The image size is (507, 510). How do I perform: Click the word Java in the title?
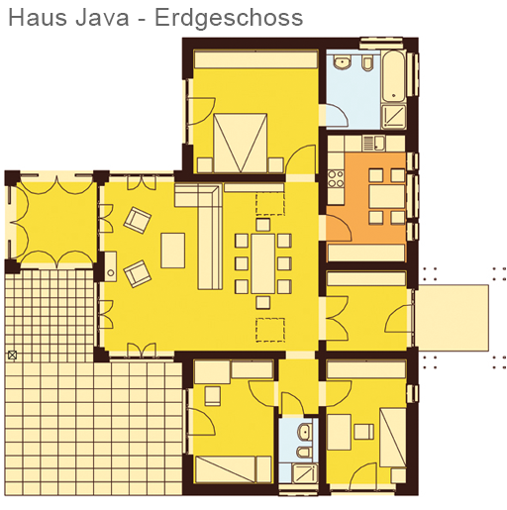click(102, 18)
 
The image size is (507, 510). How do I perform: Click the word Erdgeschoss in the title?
click(229, 19)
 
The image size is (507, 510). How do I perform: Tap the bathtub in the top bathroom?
click(393, 76)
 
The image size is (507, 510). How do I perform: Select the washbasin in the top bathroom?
click(342, 62)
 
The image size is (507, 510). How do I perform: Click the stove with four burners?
click(336, 178)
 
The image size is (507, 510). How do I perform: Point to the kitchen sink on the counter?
click(373, 144)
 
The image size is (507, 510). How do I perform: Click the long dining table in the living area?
click(262, 263)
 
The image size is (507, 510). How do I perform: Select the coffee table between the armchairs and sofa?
click(172, 251)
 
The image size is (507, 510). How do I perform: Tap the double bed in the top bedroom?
click(241, 143)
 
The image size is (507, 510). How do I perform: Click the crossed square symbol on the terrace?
click(12, 356)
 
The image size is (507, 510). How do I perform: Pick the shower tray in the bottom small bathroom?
click(305, 473)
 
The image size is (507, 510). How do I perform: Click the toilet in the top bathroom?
click(367, 62)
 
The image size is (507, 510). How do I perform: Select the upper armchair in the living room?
click(138, 220)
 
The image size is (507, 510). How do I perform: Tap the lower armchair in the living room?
click(138, 273)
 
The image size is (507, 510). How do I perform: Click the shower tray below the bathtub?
click(393, 117)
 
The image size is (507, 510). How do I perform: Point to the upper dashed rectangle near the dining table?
click(270, 204)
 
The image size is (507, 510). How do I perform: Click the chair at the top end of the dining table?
click(263, 225)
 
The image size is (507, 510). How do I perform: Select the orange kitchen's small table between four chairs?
click(387, 196)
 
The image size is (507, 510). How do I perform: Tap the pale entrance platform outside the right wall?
click(452, 318)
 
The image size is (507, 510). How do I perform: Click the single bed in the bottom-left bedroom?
click(234, 469)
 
